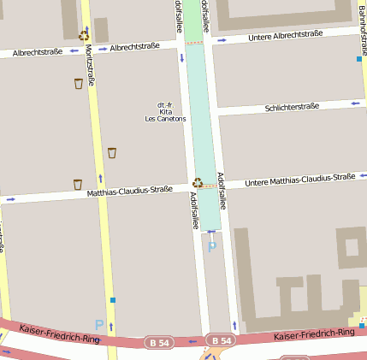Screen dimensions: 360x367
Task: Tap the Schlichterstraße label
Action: pos(292,107)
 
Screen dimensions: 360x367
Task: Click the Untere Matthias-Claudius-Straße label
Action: pos(299,180)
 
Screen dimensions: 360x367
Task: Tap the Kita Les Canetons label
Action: pos(165,112)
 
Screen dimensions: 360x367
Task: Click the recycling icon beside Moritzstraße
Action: pos(84,35)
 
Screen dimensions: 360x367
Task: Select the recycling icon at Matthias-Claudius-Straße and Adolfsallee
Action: pos(198,182)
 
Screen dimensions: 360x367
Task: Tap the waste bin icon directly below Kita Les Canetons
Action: pos(112,153)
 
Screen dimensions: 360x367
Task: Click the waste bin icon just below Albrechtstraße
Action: pos(79,83)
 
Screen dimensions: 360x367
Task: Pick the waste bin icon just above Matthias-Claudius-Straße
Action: pos(78,183)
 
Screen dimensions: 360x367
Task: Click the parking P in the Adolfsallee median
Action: pos(212,246)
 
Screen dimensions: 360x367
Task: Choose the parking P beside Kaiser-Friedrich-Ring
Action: pos(99,325)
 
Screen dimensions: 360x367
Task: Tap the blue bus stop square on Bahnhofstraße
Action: pos(359,59)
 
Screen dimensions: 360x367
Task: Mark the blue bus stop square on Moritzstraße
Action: pos(112,300)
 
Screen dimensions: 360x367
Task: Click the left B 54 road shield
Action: pos(159,341)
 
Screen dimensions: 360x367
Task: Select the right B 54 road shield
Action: pos(220,340)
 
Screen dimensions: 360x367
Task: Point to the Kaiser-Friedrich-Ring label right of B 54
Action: pos(314,333)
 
